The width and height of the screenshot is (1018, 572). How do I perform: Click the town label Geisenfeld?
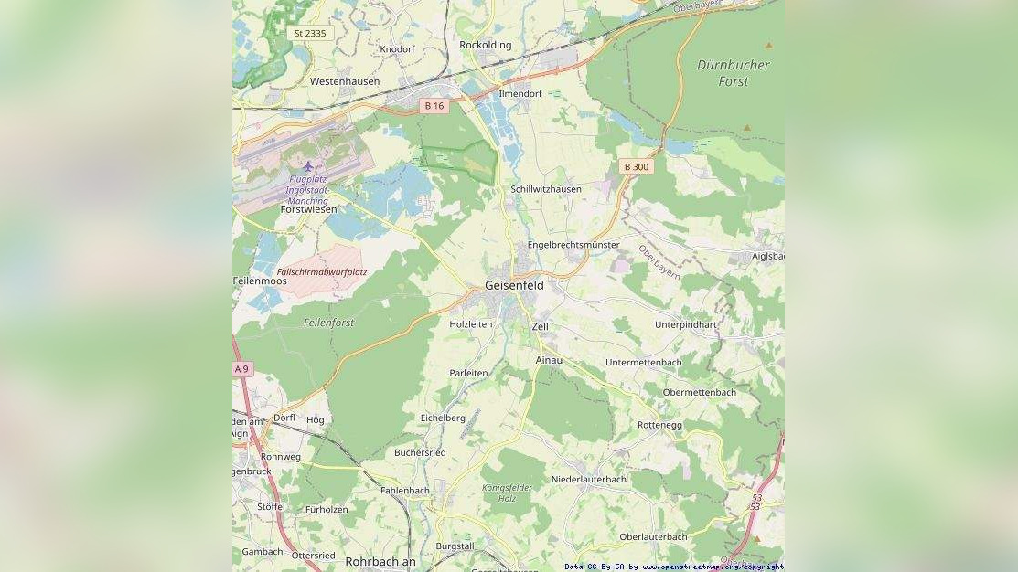(514, 285)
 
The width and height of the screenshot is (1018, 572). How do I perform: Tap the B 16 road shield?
(434, 106)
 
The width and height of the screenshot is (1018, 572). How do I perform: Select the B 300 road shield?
(636, 166)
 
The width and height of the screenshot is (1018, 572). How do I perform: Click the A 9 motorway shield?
(241, 369)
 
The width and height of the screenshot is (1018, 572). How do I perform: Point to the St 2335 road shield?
(309, 33)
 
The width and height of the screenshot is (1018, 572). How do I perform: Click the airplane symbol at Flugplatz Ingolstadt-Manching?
(308, 166)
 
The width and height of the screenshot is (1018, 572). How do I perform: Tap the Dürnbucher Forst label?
(734, 73)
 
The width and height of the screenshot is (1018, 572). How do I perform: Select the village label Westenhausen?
(345, 81)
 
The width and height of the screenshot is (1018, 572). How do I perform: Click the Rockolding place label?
(486, 45)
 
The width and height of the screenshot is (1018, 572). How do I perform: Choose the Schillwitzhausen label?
(546, 189)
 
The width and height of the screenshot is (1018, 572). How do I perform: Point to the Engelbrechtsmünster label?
(573, 245)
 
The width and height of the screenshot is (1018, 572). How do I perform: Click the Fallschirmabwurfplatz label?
(322, 272)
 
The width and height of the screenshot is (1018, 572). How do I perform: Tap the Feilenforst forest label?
(328, 323)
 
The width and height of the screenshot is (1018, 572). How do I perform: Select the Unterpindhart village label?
(686, 324)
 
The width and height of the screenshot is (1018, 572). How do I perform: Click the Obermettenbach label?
(699, 392)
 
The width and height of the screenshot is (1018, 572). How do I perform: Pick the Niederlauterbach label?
(589, 479)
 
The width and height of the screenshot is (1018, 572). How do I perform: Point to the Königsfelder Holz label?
(507, 493)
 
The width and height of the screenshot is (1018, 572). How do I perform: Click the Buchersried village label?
(420, 452)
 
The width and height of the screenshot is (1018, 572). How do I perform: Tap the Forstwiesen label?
(308, 209)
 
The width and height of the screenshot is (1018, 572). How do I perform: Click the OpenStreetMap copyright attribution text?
(673, 567)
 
